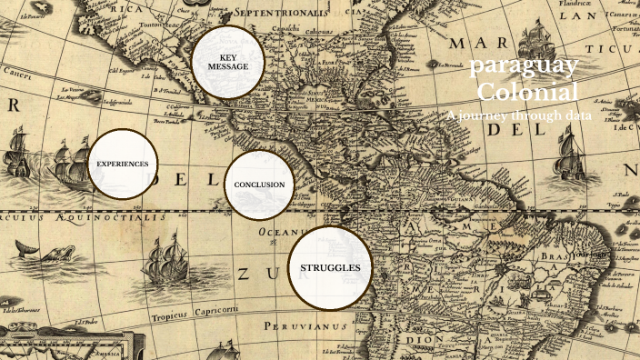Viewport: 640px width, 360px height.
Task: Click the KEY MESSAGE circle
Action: [x=227, y=62]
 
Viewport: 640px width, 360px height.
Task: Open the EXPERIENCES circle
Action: [x=124, y=164]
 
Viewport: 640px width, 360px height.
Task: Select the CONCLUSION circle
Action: [x=259, y=185]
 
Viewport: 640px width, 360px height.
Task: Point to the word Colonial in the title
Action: [x=527, y=92]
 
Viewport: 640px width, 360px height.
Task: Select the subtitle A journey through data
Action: [x=520, y=115]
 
